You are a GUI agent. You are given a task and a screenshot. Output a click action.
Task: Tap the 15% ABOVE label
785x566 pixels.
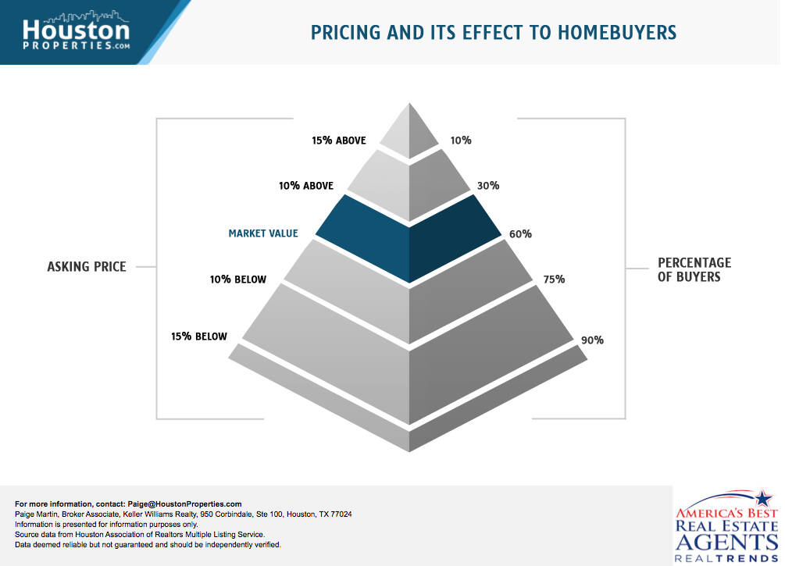pyautogui.click(x=338, y=141)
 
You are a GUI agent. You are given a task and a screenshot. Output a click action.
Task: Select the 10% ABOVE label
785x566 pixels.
pyautogui.click(x=306, y=186)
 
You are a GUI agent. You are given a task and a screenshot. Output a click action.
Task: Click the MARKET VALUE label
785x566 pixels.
pyautogui.click(x=263, y=233)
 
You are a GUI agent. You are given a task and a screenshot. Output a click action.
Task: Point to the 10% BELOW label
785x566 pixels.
pyautogui.click(x=239, y=279)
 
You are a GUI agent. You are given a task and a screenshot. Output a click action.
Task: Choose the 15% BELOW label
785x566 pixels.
pyautogui.click(x=199, y=336)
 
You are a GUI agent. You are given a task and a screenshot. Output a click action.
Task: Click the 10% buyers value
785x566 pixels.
pyautogui.click(x=461, y=141)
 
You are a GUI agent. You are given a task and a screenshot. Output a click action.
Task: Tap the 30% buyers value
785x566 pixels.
pyautogui.click(x=488, y=186)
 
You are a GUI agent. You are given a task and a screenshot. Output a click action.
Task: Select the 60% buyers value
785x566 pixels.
pyautogui.click(x=521, y=233)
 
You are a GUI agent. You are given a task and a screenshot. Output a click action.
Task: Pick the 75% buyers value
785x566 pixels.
pyautogui.click(x=554, y=279)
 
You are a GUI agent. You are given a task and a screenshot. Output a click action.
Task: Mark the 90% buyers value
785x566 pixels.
pyautogui.click(x=592, y=340)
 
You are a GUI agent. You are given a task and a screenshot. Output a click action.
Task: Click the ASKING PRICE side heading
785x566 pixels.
pyautogui.click(x=87, y=267)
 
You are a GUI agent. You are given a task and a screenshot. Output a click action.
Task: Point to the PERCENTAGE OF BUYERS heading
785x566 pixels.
pyautogui.click(x=694, y=269)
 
